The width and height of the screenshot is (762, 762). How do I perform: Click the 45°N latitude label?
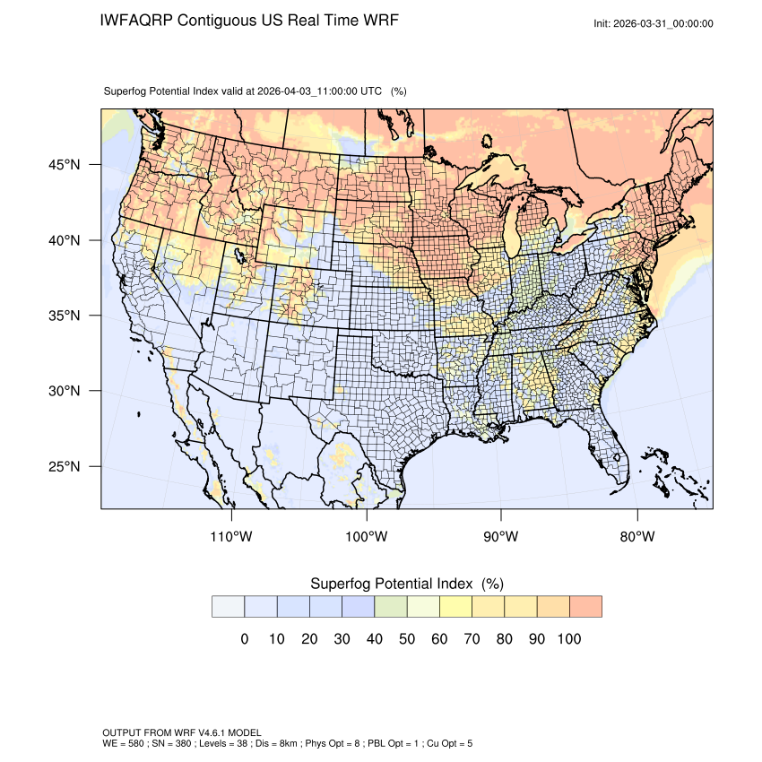click(x=64, y=165)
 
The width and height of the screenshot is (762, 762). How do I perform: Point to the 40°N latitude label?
click(x=64, y=240)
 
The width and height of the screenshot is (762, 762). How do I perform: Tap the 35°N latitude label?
click(x=64, y=316)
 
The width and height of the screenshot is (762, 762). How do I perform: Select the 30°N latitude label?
click(x=64, y=391)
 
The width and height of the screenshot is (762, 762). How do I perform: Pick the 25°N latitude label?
click(x=64, y=466)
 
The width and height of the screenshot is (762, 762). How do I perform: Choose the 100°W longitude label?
click(x=367, y=537)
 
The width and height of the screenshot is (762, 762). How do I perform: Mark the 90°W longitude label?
click(x=501, y=537)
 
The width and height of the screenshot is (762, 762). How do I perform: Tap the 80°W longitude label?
click(x=636, y=537)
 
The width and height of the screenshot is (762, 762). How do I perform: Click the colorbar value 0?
click(x=244, y=639)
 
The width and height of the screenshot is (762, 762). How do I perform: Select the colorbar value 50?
click(x=407, y=639)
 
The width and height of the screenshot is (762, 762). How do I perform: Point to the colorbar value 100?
click(x=569, y=639)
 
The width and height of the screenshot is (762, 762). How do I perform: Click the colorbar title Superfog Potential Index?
click(x=391, y=584)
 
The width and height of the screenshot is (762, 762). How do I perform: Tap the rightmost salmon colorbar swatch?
click(x=585, y=607)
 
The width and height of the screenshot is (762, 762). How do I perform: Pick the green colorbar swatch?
click(x=391, y=607)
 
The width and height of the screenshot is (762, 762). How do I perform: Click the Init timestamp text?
click(x=654, y=24)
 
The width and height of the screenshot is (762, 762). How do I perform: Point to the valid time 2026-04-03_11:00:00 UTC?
click(x=319, y=91)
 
